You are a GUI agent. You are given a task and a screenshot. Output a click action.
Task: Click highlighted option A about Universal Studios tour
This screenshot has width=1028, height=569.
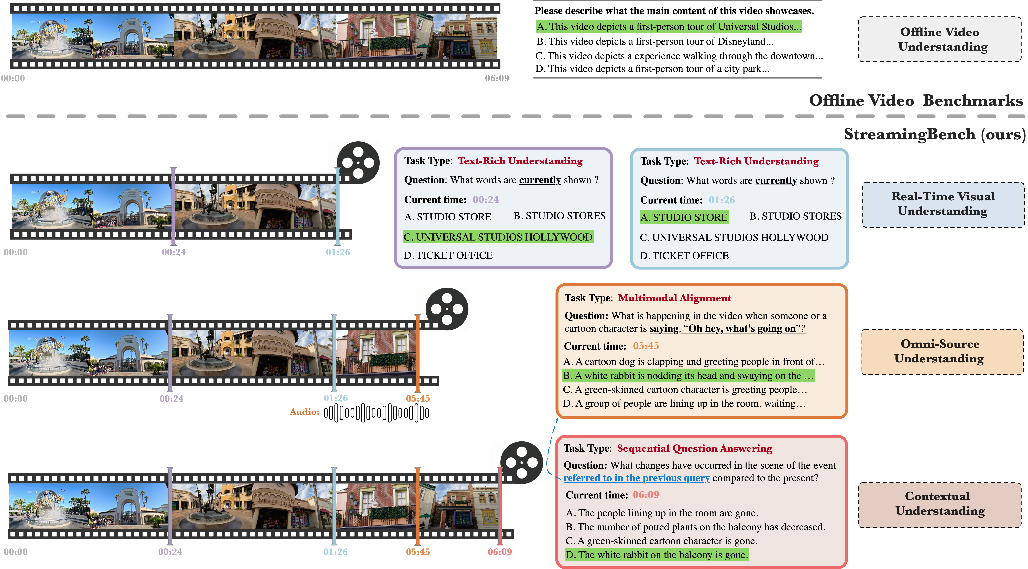(x=668, y=27)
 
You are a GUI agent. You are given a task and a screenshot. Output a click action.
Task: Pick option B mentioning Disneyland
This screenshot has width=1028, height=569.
(x=654, y=41)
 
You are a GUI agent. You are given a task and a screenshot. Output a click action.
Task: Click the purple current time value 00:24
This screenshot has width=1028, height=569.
(x=486, y=200)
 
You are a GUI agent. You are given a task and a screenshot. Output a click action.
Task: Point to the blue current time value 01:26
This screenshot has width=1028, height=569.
(x=721, y=200)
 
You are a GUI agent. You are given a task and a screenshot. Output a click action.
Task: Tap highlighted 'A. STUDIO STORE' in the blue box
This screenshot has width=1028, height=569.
(x=684, y=218)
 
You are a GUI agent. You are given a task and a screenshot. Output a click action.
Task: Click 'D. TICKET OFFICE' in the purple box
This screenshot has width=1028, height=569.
(x=448, y=255)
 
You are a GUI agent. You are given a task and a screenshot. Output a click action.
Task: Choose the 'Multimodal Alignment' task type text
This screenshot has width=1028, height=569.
(x=674, y=298)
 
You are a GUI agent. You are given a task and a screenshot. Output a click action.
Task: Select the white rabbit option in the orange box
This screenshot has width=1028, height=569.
(x=688, y=375)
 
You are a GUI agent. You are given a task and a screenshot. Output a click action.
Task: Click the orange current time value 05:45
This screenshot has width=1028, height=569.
(x=646, y=346)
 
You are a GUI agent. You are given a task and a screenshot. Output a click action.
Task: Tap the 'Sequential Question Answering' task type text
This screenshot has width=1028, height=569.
(x=694, y=449)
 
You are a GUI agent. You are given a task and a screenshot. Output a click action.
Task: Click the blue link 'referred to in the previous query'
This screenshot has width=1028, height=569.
(x=637, y=478)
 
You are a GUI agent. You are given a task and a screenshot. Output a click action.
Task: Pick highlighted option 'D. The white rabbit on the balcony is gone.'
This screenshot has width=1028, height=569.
(x=657, y=555)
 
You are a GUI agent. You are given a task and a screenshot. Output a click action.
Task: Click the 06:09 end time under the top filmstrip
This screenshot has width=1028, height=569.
(x=497, y=78)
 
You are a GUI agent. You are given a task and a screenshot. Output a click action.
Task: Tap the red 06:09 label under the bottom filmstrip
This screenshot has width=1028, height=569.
(x=500, y=552)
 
